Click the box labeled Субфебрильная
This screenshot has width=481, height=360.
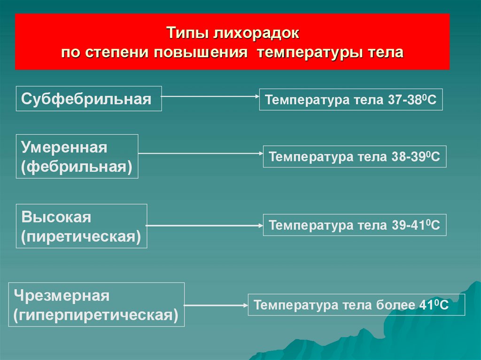[x=89, y=99]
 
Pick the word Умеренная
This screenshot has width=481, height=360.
[x=64, y=148]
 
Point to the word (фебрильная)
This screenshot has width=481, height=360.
[x=77, y=167]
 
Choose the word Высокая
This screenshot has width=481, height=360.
[x=56, y=217]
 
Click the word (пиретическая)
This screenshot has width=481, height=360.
[x=81, y=236]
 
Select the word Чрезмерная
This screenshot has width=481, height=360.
[x=62, y=296]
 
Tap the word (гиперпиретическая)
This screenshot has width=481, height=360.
[x=96, y=315]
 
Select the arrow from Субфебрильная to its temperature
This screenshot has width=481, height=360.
[x=210, y=96]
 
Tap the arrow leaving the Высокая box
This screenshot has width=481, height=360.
[x=205, y=225]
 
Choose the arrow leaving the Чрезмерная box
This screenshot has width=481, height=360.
[x=216, y=305]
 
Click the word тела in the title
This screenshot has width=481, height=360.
[x=387, y=52]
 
